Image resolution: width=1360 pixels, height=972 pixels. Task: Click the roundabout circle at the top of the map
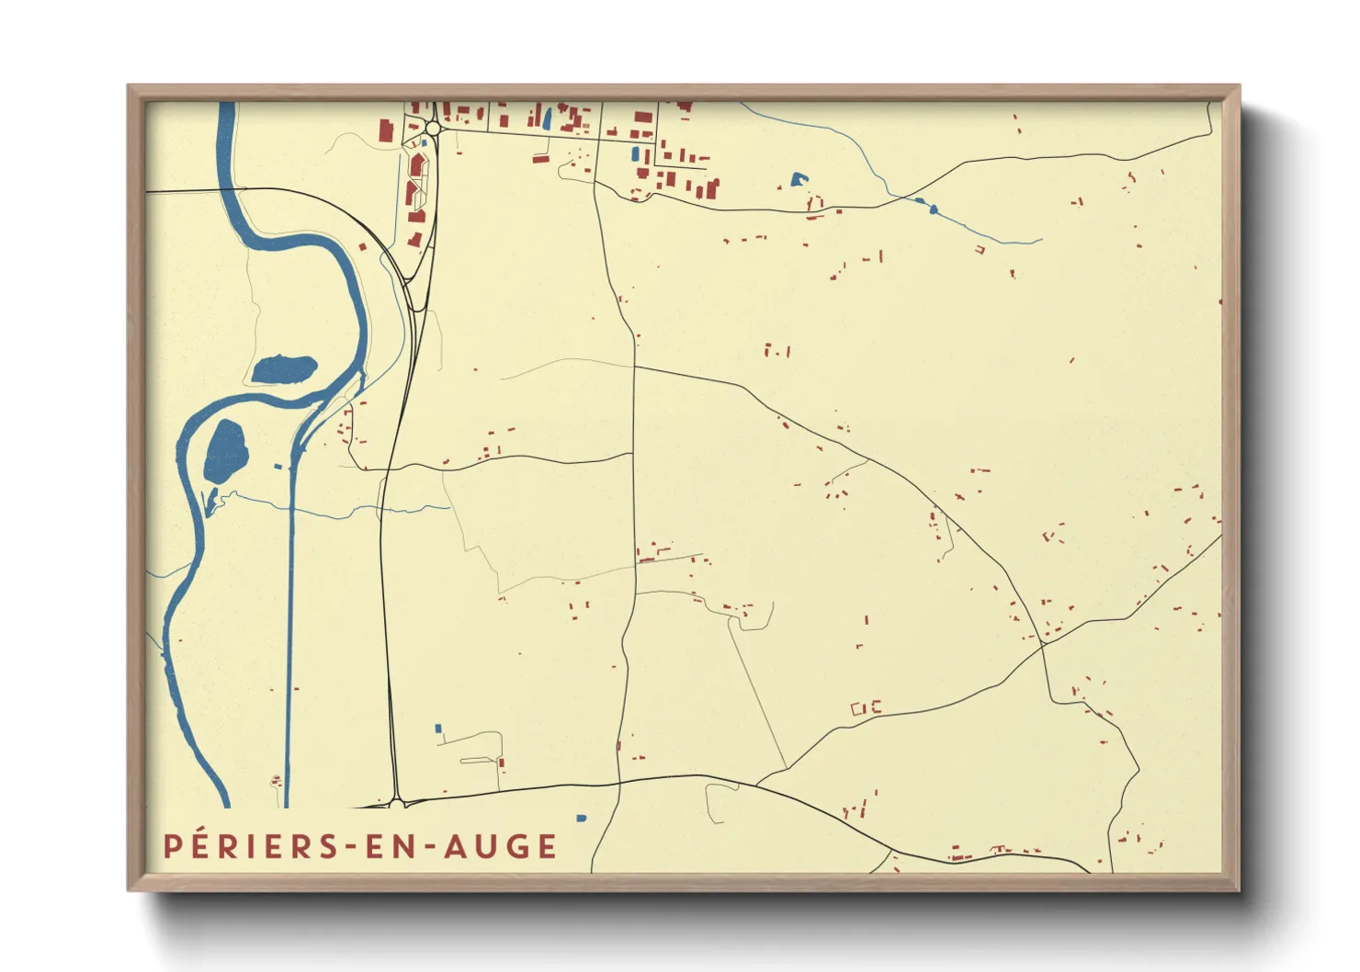point(432,130)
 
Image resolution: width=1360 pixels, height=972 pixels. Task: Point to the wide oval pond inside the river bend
point(284,369)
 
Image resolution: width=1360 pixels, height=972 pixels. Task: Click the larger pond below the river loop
point(225,450)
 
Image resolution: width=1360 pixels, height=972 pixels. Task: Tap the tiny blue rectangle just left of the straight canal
point(278,467)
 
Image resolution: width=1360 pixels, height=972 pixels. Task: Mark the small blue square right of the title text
point(581,818)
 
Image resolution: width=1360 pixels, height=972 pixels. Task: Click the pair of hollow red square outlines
point(867,707)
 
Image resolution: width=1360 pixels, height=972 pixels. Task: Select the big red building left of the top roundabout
point(386,130)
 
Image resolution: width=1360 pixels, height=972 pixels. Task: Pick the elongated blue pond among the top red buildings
point(548,118)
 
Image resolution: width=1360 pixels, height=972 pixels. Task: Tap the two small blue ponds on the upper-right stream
point(926,205)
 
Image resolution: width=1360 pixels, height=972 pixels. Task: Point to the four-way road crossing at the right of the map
point(1044,645)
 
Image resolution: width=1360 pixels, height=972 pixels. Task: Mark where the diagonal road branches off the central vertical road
point(635,367)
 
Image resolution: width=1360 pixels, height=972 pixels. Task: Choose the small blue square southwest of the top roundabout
point(424,143)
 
